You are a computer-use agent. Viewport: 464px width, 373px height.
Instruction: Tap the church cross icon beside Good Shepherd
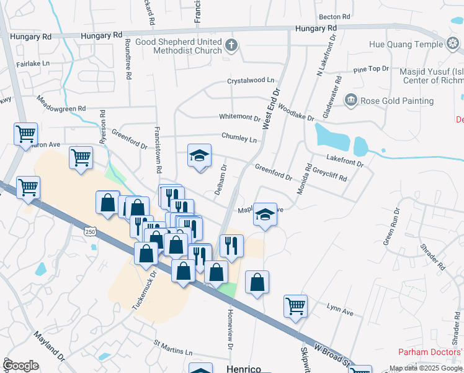(x=231, y=45)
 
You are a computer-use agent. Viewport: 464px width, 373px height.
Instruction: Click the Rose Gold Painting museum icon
(x=350, y=101)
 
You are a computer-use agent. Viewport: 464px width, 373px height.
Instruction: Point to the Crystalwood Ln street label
(x=250, y=80)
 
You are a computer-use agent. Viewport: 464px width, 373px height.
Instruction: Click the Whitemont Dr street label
(x=239, y=117)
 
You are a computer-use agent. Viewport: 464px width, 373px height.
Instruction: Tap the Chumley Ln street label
(x=239, y=138)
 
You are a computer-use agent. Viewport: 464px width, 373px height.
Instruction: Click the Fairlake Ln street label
(x=34, y=63)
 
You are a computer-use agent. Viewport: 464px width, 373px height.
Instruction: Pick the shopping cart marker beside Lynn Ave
(x=295, y=306)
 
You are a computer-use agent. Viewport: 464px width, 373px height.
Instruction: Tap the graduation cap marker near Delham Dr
(x=200, y=155)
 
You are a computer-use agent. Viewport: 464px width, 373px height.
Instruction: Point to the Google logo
(x=21, y=366)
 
